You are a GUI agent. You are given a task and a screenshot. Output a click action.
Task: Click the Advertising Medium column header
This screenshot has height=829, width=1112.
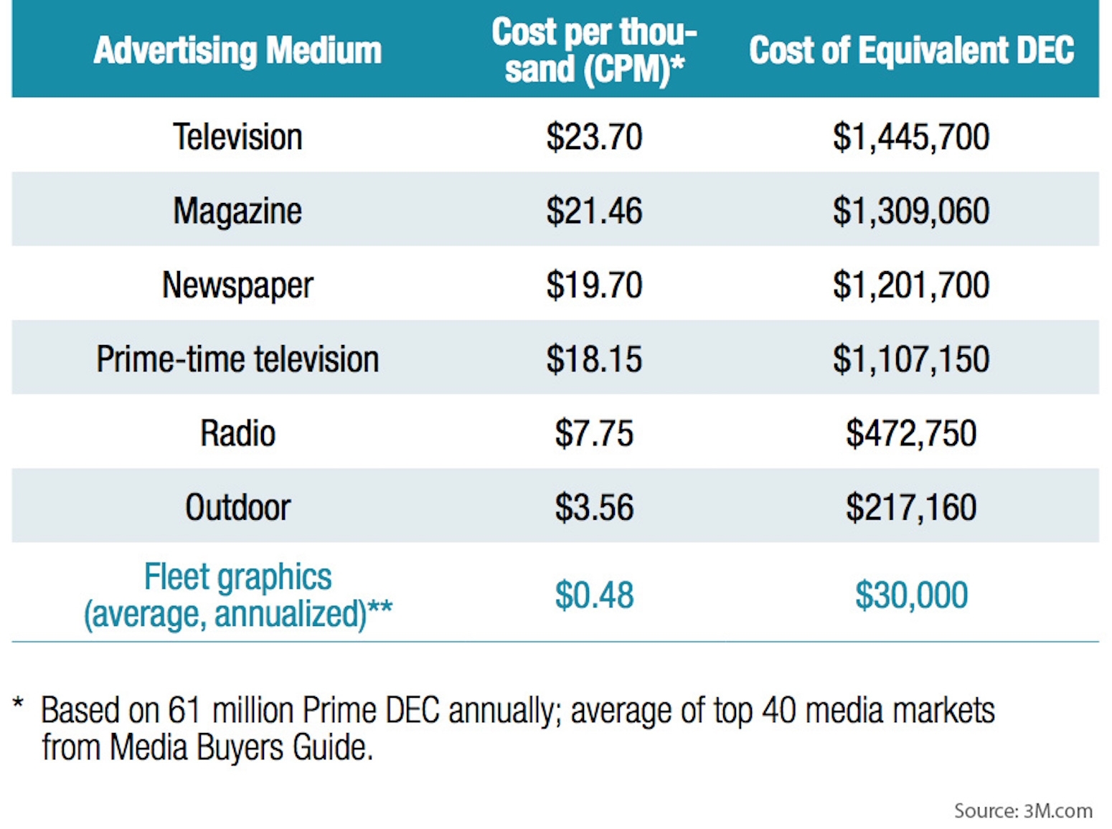[x=237, y=50]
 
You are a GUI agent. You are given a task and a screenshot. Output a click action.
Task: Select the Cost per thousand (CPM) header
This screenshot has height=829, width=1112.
[x=594, y=50]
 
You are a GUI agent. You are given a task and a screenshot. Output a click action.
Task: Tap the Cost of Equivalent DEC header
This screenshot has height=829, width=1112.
[x=911, y=50]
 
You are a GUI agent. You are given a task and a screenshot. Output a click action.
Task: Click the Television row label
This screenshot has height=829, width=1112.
[x=237, y=136]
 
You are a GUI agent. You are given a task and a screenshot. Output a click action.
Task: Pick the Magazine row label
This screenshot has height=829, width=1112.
[x=237, y=211]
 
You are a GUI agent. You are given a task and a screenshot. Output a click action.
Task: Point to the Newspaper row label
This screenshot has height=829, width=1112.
[x=237, y=285]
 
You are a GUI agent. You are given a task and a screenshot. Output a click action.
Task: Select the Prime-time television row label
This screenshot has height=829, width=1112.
[x=237, y=359]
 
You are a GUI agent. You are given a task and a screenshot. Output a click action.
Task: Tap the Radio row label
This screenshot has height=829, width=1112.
[x=237, y=433]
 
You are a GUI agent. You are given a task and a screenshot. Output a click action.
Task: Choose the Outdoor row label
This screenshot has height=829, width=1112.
[x=237, y=508]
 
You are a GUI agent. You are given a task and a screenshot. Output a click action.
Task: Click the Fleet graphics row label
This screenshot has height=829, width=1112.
[x=237, y=595]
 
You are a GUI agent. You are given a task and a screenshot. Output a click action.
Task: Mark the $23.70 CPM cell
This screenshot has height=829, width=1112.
[x=594, y=136]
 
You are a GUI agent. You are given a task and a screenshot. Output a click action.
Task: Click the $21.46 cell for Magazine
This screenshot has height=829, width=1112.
[x=594, y=211]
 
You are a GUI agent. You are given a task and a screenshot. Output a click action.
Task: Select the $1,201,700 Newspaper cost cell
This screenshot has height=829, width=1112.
[x=911, y=285]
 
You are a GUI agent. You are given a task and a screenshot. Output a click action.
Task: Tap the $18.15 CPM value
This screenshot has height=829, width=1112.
[x=594, y=359]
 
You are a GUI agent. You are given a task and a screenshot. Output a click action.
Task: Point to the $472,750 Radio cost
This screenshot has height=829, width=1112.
[x=911, y=433]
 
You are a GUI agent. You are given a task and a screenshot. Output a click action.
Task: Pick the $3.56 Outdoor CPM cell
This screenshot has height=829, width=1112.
[x=594, y=508]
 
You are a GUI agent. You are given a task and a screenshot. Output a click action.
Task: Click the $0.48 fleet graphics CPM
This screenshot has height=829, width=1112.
[x=594, y=595]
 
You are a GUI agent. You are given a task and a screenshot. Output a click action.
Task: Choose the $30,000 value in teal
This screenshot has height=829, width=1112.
[x=911, y=595]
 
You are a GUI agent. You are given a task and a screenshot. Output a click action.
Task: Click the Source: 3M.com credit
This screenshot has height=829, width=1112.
[x=1023, y=811]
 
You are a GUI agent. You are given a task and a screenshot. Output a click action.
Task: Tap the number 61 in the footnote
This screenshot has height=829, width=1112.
[x=185, y=711]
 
